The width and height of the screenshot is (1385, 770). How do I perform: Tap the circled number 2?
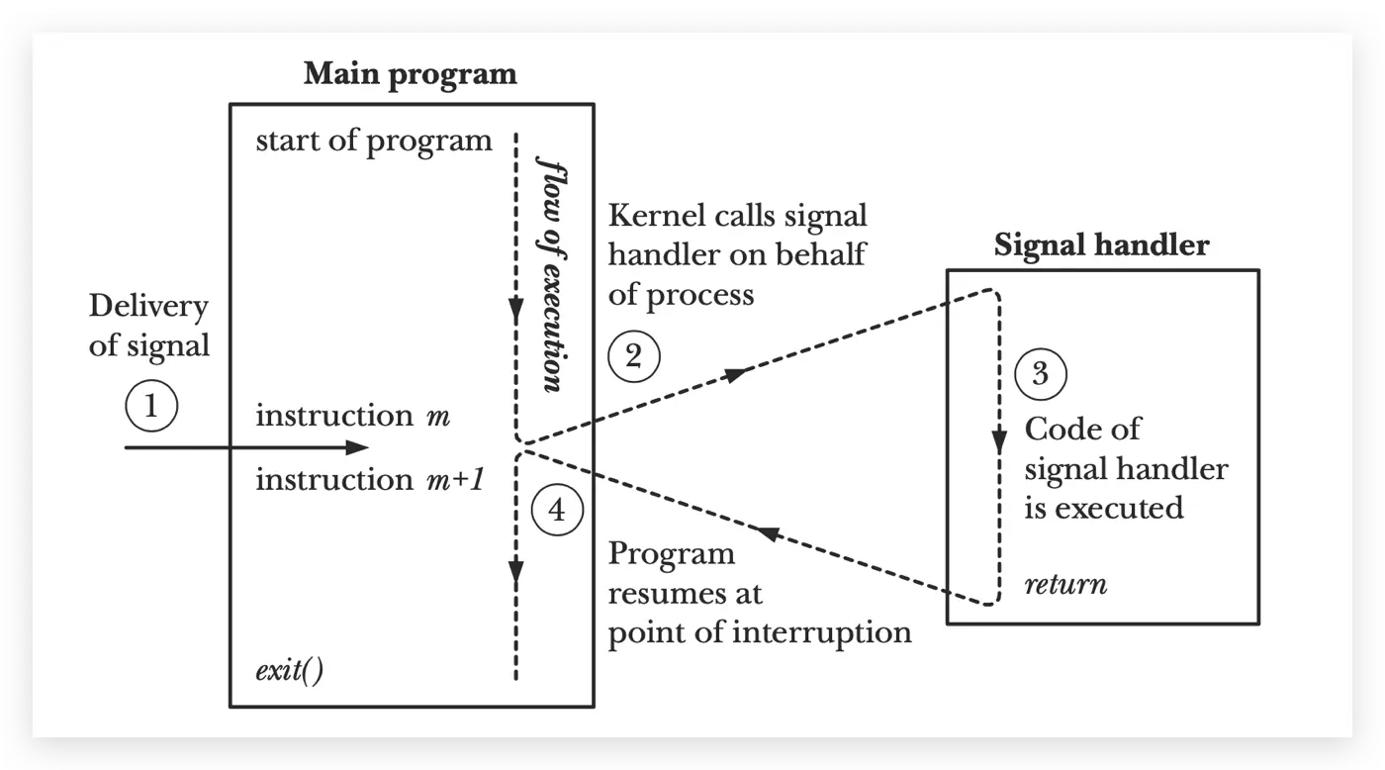pyautogui.click(x=634, y=356)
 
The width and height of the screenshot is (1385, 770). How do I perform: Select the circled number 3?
pyautogui.click(x=1040, y=375)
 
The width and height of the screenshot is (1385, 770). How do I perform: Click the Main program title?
pyautogui.click(x=410, y=74)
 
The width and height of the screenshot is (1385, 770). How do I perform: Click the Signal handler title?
pyautogui.click(x=1101, y=244)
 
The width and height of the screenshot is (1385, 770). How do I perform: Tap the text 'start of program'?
pyautogui.click(x=373, y=141)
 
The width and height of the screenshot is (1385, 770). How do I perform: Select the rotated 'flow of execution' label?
pyautogui.click(x=550, y=272)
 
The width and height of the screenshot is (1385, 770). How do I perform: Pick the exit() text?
pyautogui.click(x=290, y=673)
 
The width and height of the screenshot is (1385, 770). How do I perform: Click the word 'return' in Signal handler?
pyautogui.click(x=1065, y=584)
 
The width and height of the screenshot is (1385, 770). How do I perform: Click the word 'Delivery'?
pyautogui.click(x=148, y=306)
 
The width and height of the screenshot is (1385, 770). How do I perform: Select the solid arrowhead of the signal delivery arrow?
pyautogui.click(x=357, y=448)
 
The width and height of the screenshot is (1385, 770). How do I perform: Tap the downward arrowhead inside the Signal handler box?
pyautogui.click(x=999, y=438)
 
